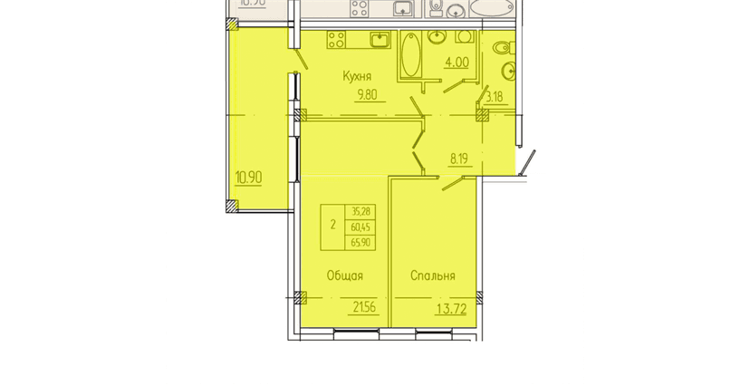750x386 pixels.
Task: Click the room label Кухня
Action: click(358, 78)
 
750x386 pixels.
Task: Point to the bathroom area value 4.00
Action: click(455, 63)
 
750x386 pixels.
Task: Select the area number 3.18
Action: click(495, 95)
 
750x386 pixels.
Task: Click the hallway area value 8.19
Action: click(464, 157)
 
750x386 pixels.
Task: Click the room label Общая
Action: click(345, 275)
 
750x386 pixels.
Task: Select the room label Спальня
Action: click(432, 275)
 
